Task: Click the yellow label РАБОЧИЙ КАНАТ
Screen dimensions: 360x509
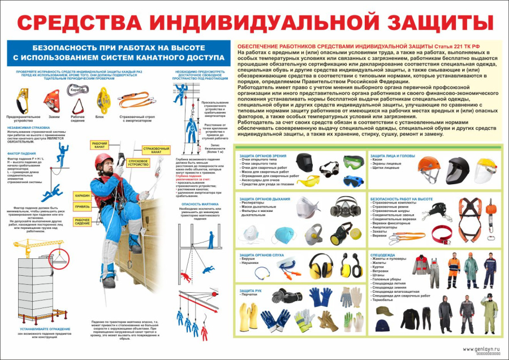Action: click(100, 145)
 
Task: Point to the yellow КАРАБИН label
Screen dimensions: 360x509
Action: click(82, 195)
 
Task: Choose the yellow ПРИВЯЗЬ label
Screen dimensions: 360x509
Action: click(82, 206)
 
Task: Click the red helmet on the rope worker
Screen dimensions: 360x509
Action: click(102, 159)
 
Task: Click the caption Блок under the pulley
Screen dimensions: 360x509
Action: click(100, 116)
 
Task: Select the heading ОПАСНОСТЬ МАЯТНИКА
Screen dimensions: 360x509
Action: click(198, 203)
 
